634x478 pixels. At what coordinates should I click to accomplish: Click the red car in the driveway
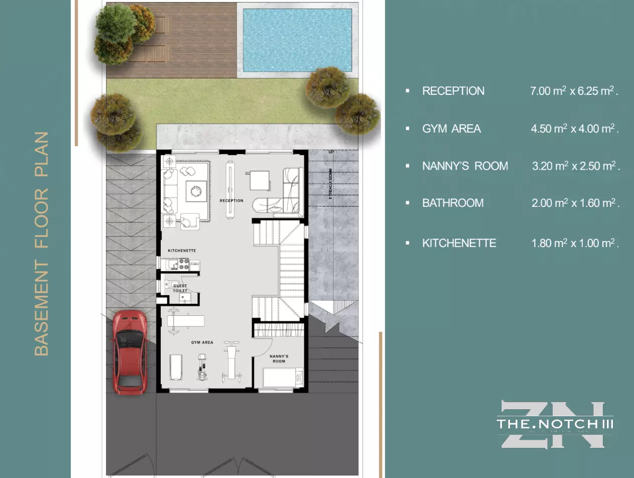129,352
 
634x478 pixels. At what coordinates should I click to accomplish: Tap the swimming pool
297,40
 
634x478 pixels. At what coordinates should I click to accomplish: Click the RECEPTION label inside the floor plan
231,201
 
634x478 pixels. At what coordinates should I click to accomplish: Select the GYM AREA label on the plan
202,342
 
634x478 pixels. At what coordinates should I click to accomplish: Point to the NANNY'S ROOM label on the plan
279,358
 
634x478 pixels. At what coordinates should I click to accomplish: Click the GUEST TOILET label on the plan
180,288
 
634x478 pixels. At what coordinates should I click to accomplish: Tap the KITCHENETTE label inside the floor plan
182,251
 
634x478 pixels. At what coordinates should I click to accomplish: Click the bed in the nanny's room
283,378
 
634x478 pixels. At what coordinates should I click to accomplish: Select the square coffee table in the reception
195,190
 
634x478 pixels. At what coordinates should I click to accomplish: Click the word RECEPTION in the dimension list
453,91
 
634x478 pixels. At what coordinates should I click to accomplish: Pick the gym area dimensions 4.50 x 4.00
574,129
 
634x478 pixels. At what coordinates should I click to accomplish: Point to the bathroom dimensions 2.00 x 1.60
575,203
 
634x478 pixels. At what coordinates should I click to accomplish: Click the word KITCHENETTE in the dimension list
459,243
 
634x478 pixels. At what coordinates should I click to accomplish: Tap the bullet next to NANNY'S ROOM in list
407,166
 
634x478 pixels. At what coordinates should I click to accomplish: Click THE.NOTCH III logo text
555,424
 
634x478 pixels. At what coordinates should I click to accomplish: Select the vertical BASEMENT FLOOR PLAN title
42,244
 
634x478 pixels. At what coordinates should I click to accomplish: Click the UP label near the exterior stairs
331,152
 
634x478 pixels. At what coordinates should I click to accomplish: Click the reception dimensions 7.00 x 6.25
574,91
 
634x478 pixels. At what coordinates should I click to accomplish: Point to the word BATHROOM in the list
453,203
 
